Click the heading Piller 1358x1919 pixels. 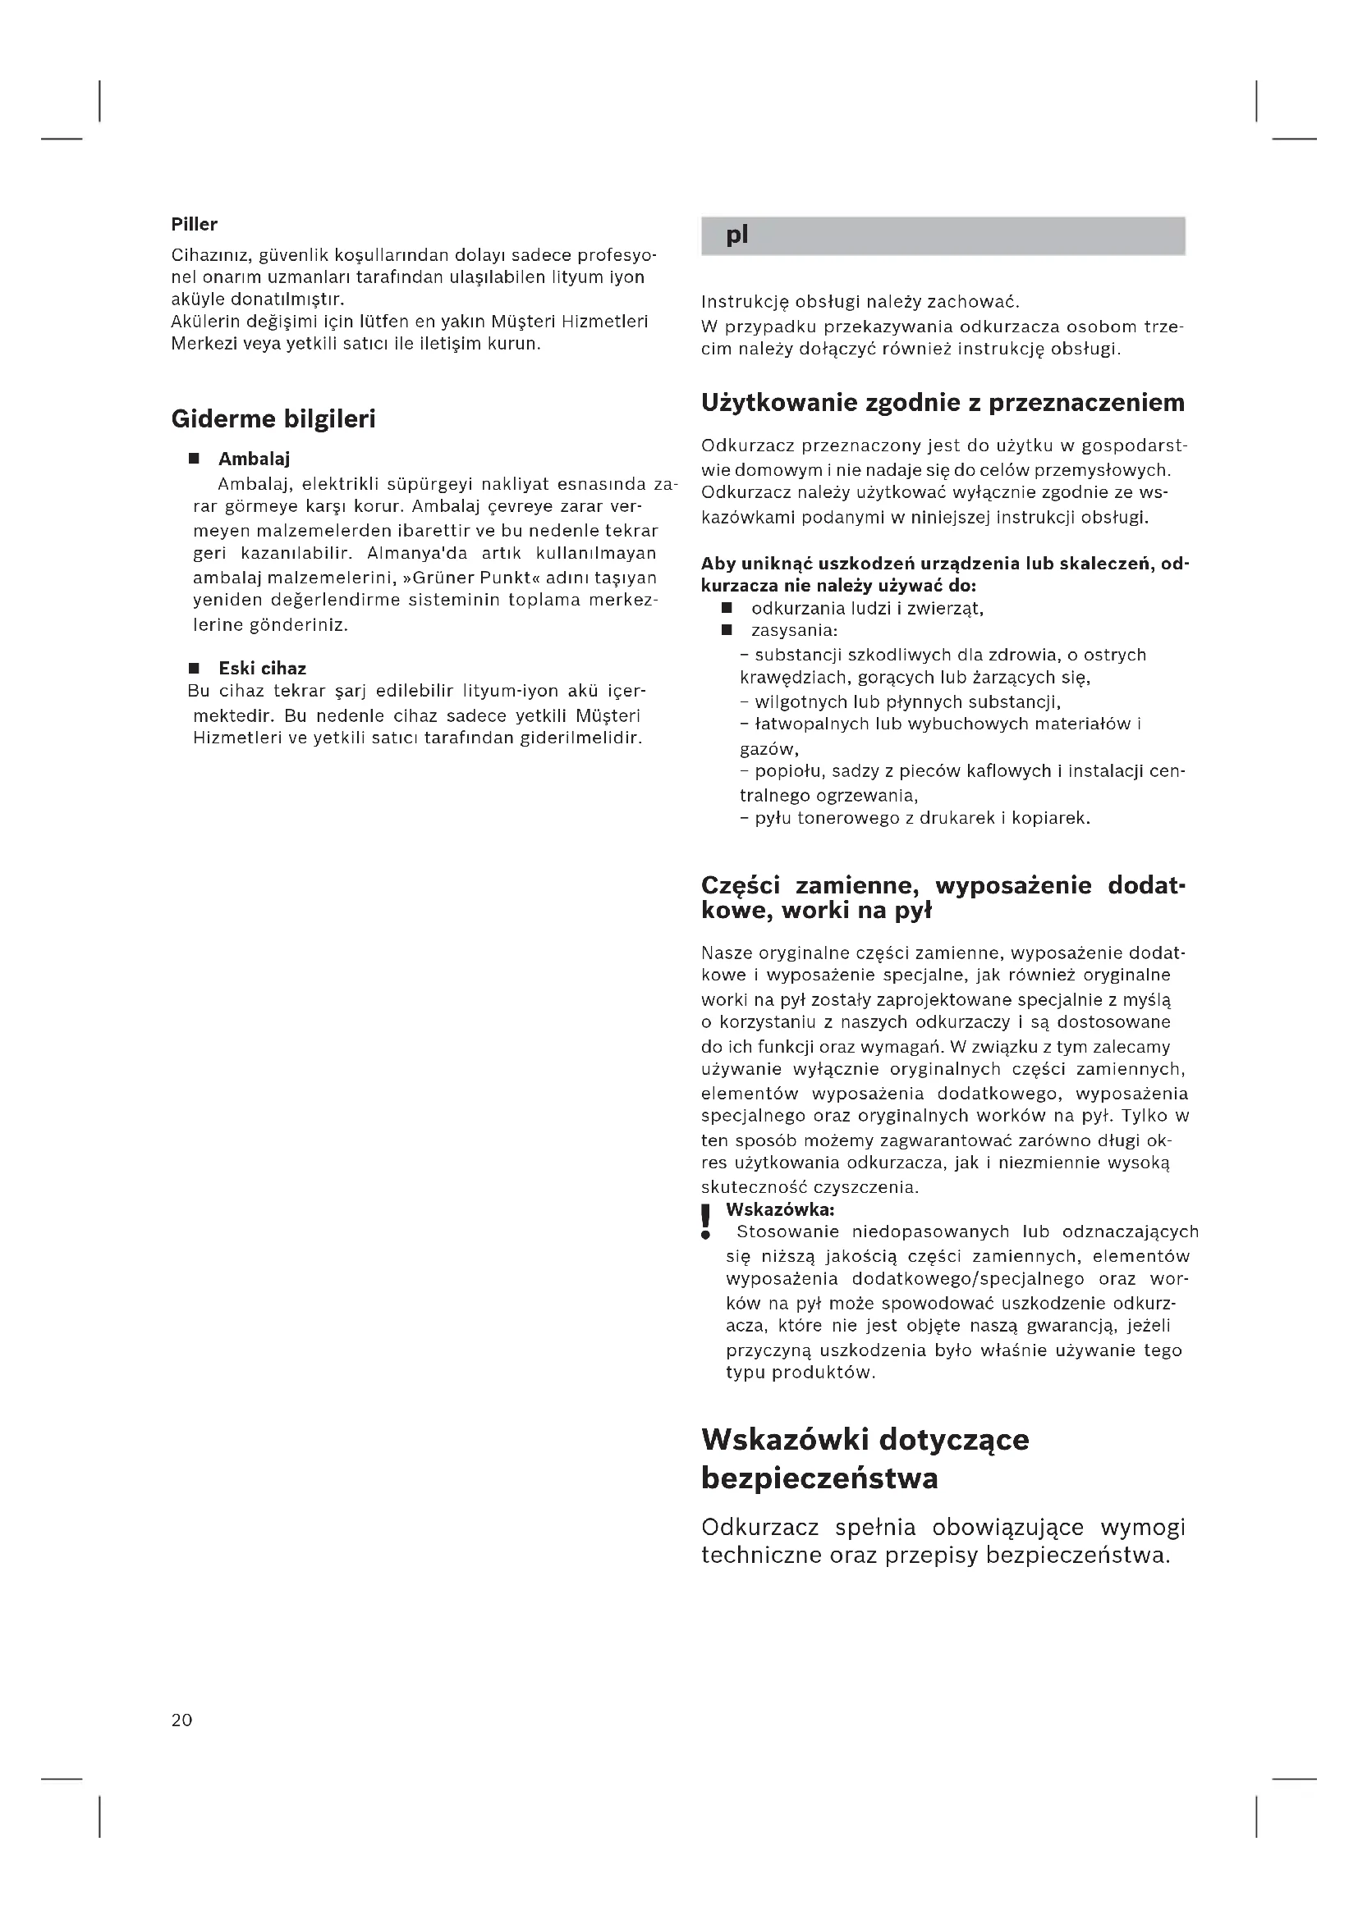point(194,224)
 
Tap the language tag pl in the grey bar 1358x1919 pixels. point(736,235)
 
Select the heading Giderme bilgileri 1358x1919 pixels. point(273,418)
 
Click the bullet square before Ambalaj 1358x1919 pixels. point(194,459)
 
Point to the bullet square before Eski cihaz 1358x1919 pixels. point(194,668)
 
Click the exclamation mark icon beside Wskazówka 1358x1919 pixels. point(707,1221)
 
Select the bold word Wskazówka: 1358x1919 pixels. point(780,1209)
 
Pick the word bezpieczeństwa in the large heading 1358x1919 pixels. point(819,1478)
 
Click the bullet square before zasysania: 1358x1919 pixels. point(727,629)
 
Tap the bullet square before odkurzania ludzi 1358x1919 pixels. point(727,608)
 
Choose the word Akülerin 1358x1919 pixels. point(206,322)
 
